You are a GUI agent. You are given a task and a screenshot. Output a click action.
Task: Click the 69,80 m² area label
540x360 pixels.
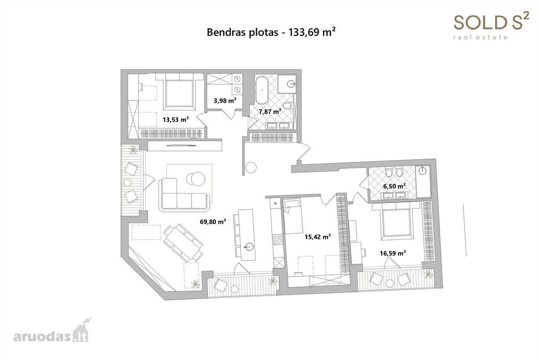click(x=213, y=221)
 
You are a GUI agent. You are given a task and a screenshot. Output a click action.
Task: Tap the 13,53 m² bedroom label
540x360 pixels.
click(x=175, y=119)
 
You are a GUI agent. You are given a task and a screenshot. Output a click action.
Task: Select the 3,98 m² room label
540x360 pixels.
click(x=225, y=100)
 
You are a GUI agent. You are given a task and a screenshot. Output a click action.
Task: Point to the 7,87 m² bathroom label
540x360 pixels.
click(x=270, y=112)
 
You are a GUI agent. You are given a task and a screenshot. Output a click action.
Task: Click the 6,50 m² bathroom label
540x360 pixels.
click(x=394, y=186)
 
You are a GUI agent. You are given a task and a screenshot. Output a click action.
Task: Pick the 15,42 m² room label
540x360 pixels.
click(x=318, y=237)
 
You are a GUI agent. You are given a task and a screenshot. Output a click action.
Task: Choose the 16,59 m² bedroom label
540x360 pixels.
click(x=393, y=253)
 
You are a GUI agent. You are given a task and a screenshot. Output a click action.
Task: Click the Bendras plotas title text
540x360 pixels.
click(x=271, y=32)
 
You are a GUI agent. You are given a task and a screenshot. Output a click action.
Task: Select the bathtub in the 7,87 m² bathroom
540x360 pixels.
click(x=261, y=90)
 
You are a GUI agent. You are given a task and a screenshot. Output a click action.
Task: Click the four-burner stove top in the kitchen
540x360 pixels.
click(x=278, y=239)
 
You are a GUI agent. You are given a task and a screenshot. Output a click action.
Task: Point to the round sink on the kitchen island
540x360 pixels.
click(x=248, y=247)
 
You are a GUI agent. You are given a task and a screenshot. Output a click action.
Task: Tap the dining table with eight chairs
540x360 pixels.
click(x=183, y=243)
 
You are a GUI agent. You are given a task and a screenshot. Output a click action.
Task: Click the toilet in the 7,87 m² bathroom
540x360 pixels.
click(x=288, y=106)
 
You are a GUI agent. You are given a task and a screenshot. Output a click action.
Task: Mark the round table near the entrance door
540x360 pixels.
click(x=251, y=167)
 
